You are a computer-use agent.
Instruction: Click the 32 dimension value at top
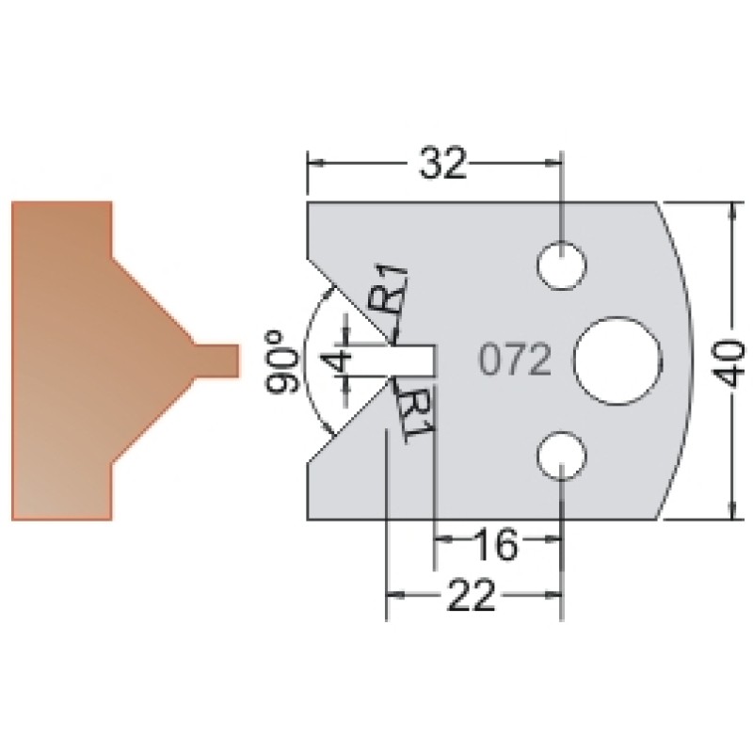(x=442, y=162)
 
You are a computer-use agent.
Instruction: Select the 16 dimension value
(x=496, y=544)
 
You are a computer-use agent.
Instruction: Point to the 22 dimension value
(x=471, y=596)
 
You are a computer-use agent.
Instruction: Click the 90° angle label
(x=282, y=362)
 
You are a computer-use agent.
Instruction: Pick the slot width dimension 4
(x=340, y=361)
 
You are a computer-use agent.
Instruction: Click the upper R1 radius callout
(x=389, y=291)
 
